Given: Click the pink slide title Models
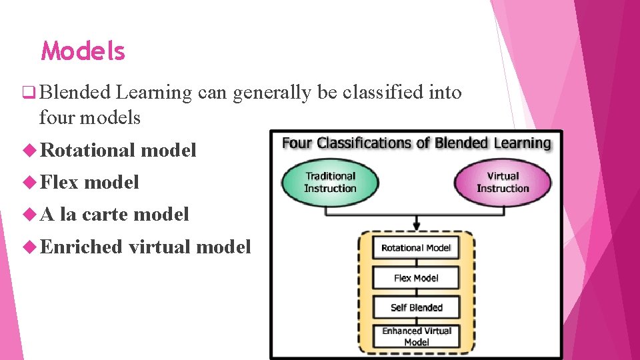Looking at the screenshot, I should (83, 51).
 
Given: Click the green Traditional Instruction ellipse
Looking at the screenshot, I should (329, 182).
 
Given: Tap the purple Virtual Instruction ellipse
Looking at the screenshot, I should (503, 182).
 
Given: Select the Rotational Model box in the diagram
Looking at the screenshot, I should (416, 248).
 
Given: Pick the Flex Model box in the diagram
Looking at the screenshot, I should (416, 278).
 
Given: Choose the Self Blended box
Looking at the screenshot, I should (416, 307).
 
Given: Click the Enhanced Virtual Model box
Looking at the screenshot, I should (416, 336).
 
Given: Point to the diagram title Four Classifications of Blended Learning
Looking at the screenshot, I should (416, 143).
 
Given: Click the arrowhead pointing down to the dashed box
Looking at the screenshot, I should (416, 225).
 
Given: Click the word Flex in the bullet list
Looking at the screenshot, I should (59, 182).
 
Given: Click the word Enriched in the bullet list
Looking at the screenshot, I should (81, 247).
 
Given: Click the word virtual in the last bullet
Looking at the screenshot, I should (159, 247).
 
